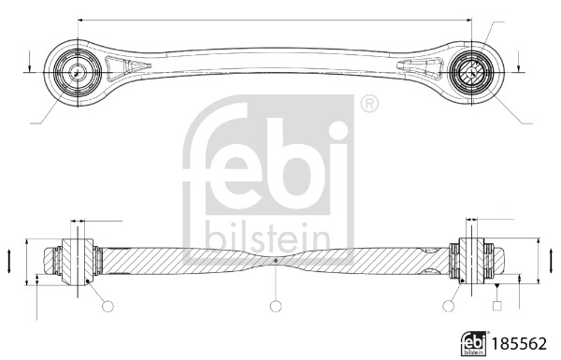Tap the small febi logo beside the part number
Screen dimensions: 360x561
[474, 343]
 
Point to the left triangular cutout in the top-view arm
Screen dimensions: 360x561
[122, 68]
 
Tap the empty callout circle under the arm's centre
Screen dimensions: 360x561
[275, 306]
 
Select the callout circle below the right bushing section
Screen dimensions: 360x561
[446, 306]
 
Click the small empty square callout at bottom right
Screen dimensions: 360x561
[497, 305]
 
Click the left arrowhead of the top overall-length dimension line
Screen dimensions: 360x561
[81, 19]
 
